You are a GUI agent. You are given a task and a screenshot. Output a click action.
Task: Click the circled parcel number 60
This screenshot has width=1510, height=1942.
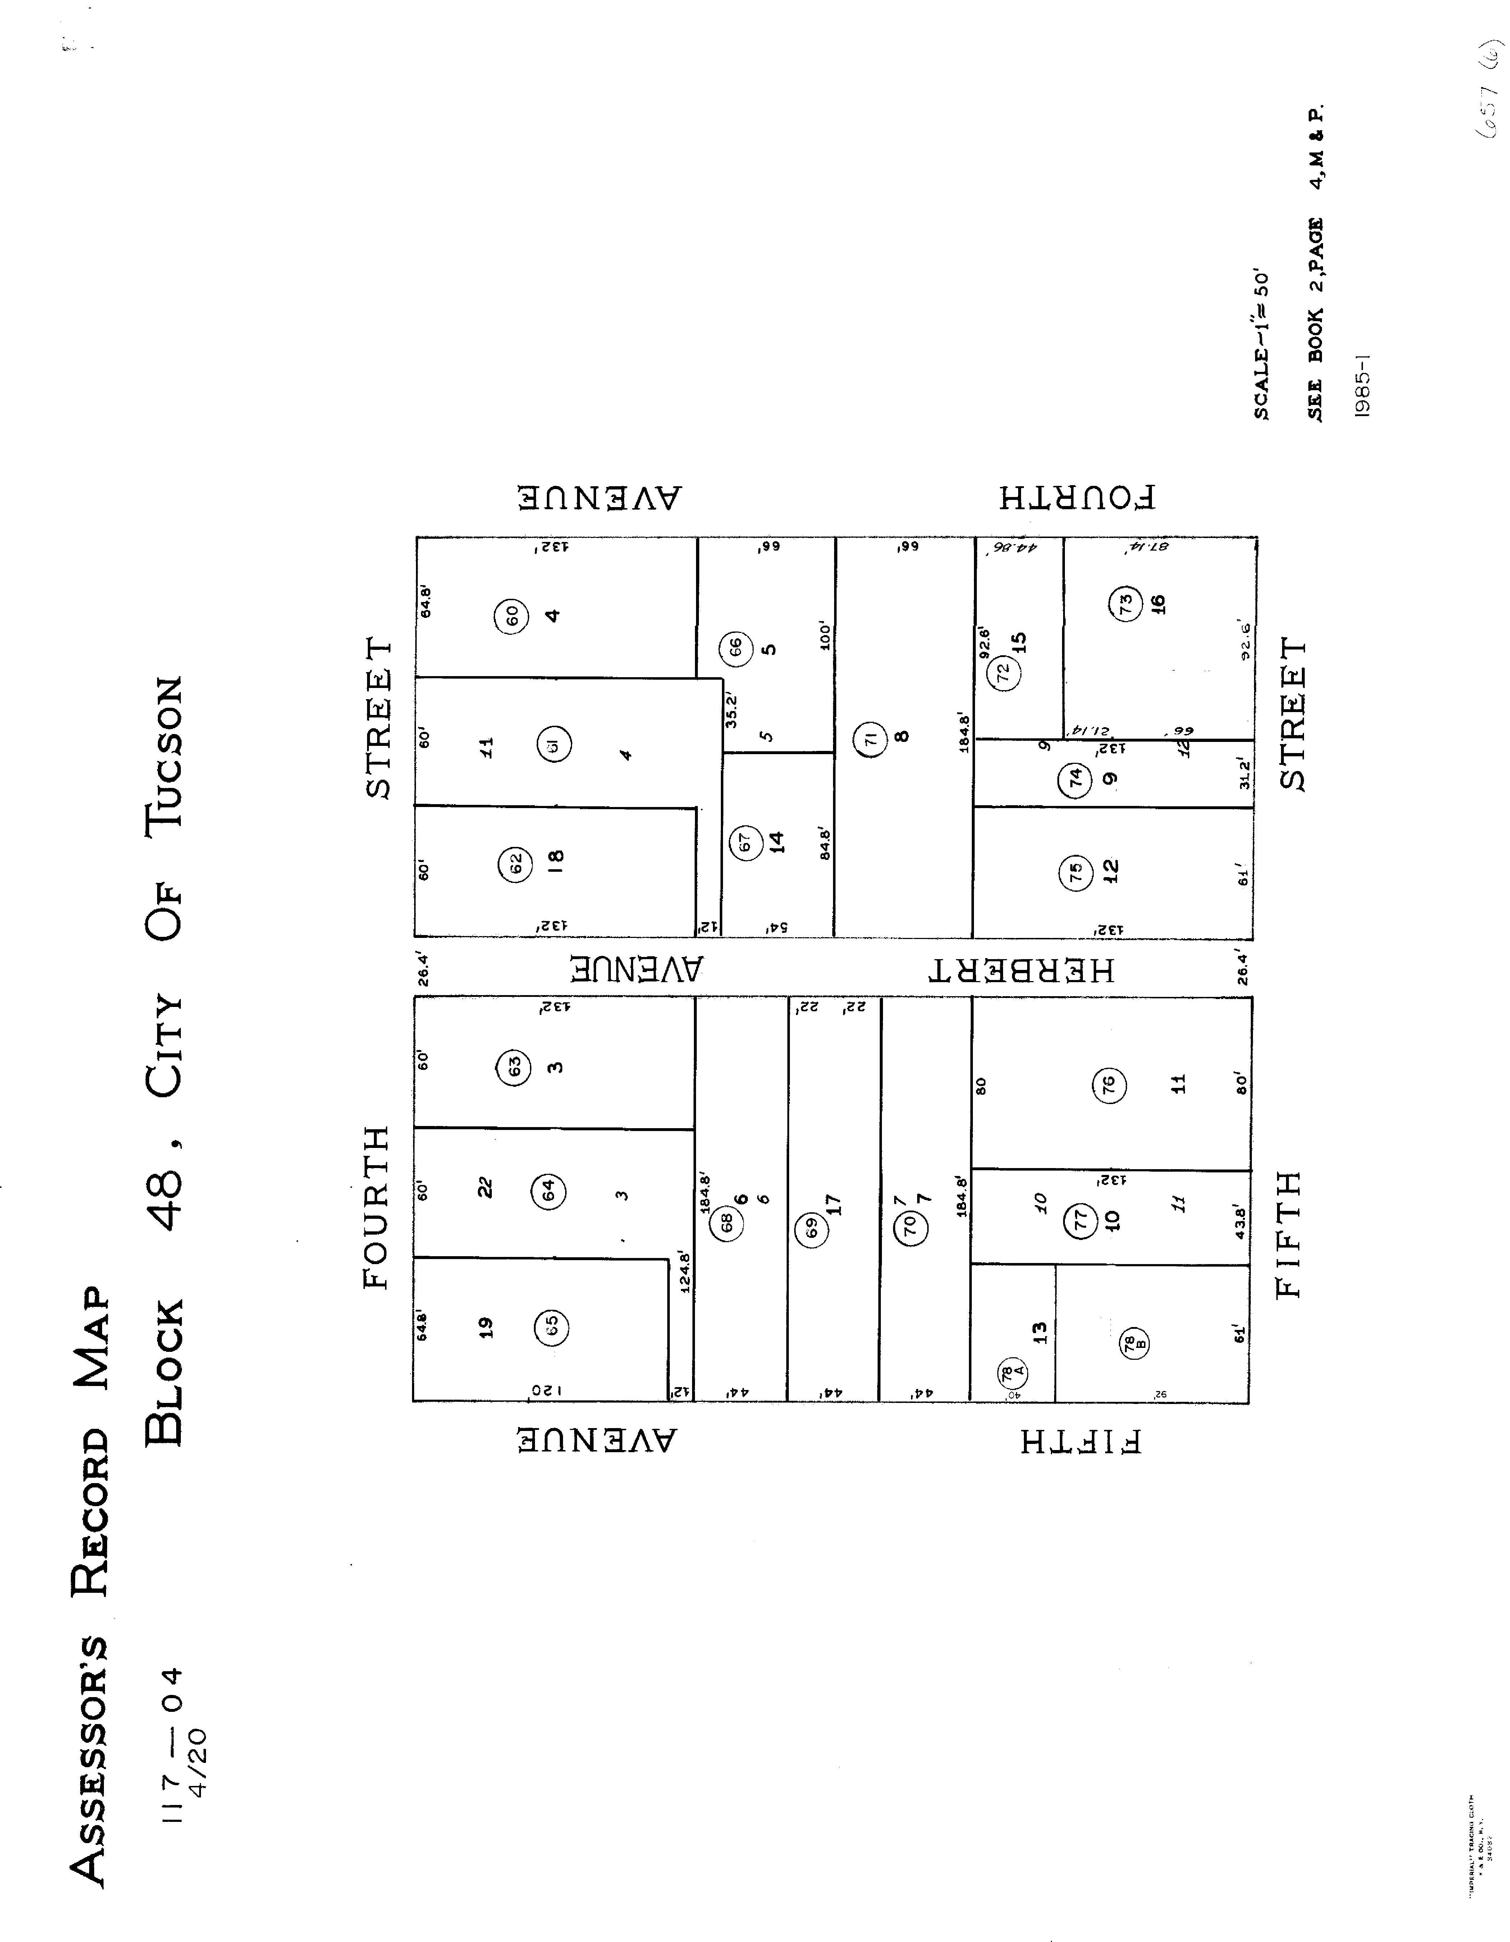pyautogui.click(x=512, y=615)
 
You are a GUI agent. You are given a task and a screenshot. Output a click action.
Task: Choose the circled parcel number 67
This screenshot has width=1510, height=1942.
pyautogui.click(x=745, y=841)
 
